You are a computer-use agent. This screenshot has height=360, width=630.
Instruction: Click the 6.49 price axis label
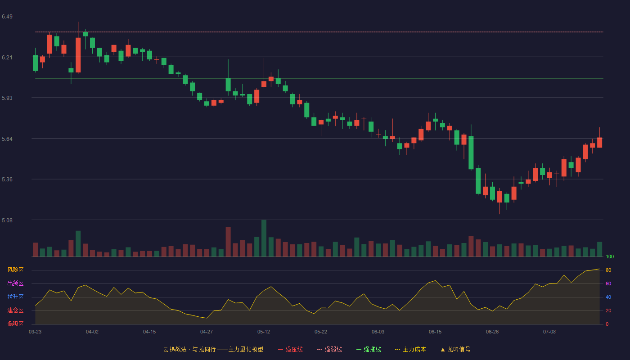[7, 17]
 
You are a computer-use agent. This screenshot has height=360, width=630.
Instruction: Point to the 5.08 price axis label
[7, 220]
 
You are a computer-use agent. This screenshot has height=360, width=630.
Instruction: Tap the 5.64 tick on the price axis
[7, 139]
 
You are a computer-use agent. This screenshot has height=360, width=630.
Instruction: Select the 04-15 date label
[149, 332]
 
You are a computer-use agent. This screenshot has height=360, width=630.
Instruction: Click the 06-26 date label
[492, 332]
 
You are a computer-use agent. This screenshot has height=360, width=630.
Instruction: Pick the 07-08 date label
[549, 332]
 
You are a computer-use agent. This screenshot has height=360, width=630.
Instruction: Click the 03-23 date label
[35, 332]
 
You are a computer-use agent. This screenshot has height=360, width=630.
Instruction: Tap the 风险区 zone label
[15, 270]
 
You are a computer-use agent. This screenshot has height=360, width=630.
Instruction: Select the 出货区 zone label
[15, 283]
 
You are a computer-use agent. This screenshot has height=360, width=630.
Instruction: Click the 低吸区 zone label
[15, 324]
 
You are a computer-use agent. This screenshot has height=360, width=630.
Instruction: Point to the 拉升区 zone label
[15, 297]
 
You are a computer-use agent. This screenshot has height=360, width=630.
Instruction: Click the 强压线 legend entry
[290, 349]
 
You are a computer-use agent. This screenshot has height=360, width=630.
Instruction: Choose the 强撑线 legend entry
[369, 349]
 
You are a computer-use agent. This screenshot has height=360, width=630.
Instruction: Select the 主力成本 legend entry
[410, 349]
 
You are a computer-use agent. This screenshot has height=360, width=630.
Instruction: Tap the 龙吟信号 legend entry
[455, 349]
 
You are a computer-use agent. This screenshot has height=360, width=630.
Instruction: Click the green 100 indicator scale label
[610, 256]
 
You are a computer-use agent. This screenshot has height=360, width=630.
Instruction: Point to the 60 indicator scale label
[608, 283]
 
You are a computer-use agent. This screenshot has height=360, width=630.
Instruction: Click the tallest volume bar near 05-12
[264, 238]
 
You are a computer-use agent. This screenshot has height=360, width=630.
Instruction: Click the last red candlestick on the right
[599, 142]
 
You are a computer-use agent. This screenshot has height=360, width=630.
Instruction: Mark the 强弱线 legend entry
[329, 349]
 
